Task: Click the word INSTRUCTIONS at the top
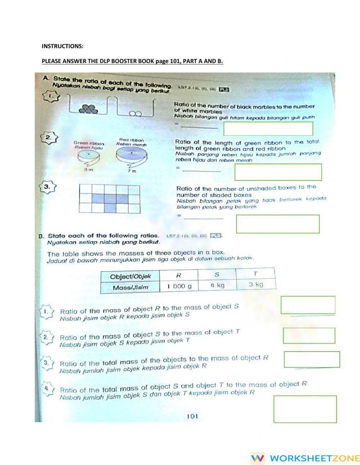[x=62, y=46]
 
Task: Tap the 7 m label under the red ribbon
[x=132, y=171]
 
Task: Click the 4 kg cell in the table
[x=217, y=285]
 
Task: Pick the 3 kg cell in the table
[x=256, y=285]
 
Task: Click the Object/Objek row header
[x=130, y=277]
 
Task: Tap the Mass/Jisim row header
[x=130, y=287]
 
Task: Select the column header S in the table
[x=217, y=274]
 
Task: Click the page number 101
[x=192, y=416]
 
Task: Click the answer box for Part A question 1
[x=268, y=129]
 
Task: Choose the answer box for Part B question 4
[x=305, y=409]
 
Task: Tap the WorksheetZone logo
[x=305, y=458]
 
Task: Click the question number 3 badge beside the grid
[x=47, y=187]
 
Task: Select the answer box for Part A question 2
[x=278, y=172]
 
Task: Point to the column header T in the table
[x=255, y=274]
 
